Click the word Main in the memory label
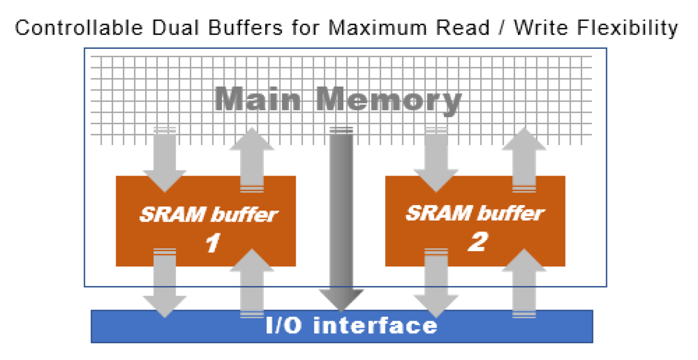point(258,101)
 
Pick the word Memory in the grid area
point(389,101)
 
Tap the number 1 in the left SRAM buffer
point(212,243)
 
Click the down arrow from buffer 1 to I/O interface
point(164,283)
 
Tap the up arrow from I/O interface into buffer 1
point(252,283)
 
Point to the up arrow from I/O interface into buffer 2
point(523,283)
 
